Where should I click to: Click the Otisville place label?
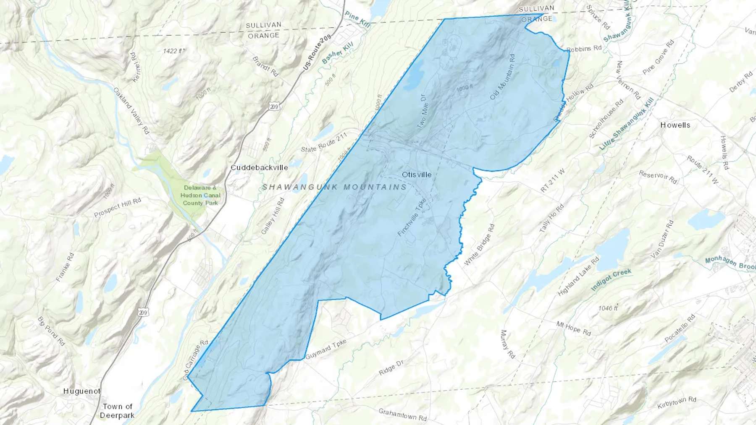(416, 175)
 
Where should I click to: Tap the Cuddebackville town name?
(259, 167)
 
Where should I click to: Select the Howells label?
(675, 125)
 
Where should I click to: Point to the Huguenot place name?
(82, 391)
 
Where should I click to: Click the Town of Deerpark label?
(117, 411)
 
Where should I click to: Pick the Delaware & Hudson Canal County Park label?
(200, 195)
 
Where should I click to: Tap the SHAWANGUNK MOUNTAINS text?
(334, 187)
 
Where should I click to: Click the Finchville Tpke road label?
(412, 217)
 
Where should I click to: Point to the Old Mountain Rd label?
(502, 77)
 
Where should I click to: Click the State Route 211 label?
(324, 142)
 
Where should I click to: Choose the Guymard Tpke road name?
(326, 349)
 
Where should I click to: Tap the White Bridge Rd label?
(479, 245)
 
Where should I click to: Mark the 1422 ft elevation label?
(173, 51)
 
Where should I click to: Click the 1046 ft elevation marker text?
(608, 308)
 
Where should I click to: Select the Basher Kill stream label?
(338, 54)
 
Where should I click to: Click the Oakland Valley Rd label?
(131, 111)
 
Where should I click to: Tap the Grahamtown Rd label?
(402, 415)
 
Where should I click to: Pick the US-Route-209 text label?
(317, 52)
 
